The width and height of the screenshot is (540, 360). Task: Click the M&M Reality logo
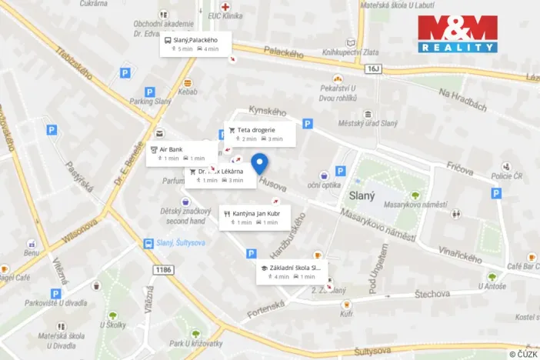[458, 33]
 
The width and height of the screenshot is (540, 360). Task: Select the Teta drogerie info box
[259, 134]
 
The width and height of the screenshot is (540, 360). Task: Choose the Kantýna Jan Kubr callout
[254, 218]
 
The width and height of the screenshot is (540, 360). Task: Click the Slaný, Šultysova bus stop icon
[147, 244]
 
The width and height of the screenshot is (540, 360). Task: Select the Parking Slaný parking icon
[125, 73]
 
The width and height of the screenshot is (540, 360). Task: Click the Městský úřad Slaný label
[368, 124]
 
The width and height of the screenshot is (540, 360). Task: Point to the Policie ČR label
[508, 177]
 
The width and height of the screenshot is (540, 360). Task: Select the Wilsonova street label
[80, 229]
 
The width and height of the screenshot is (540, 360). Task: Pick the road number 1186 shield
[162, 268]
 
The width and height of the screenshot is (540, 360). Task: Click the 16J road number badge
[374, 68]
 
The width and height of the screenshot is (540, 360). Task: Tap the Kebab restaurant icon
[187, 82]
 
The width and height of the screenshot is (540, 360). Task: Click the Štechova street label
[431, 293]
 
